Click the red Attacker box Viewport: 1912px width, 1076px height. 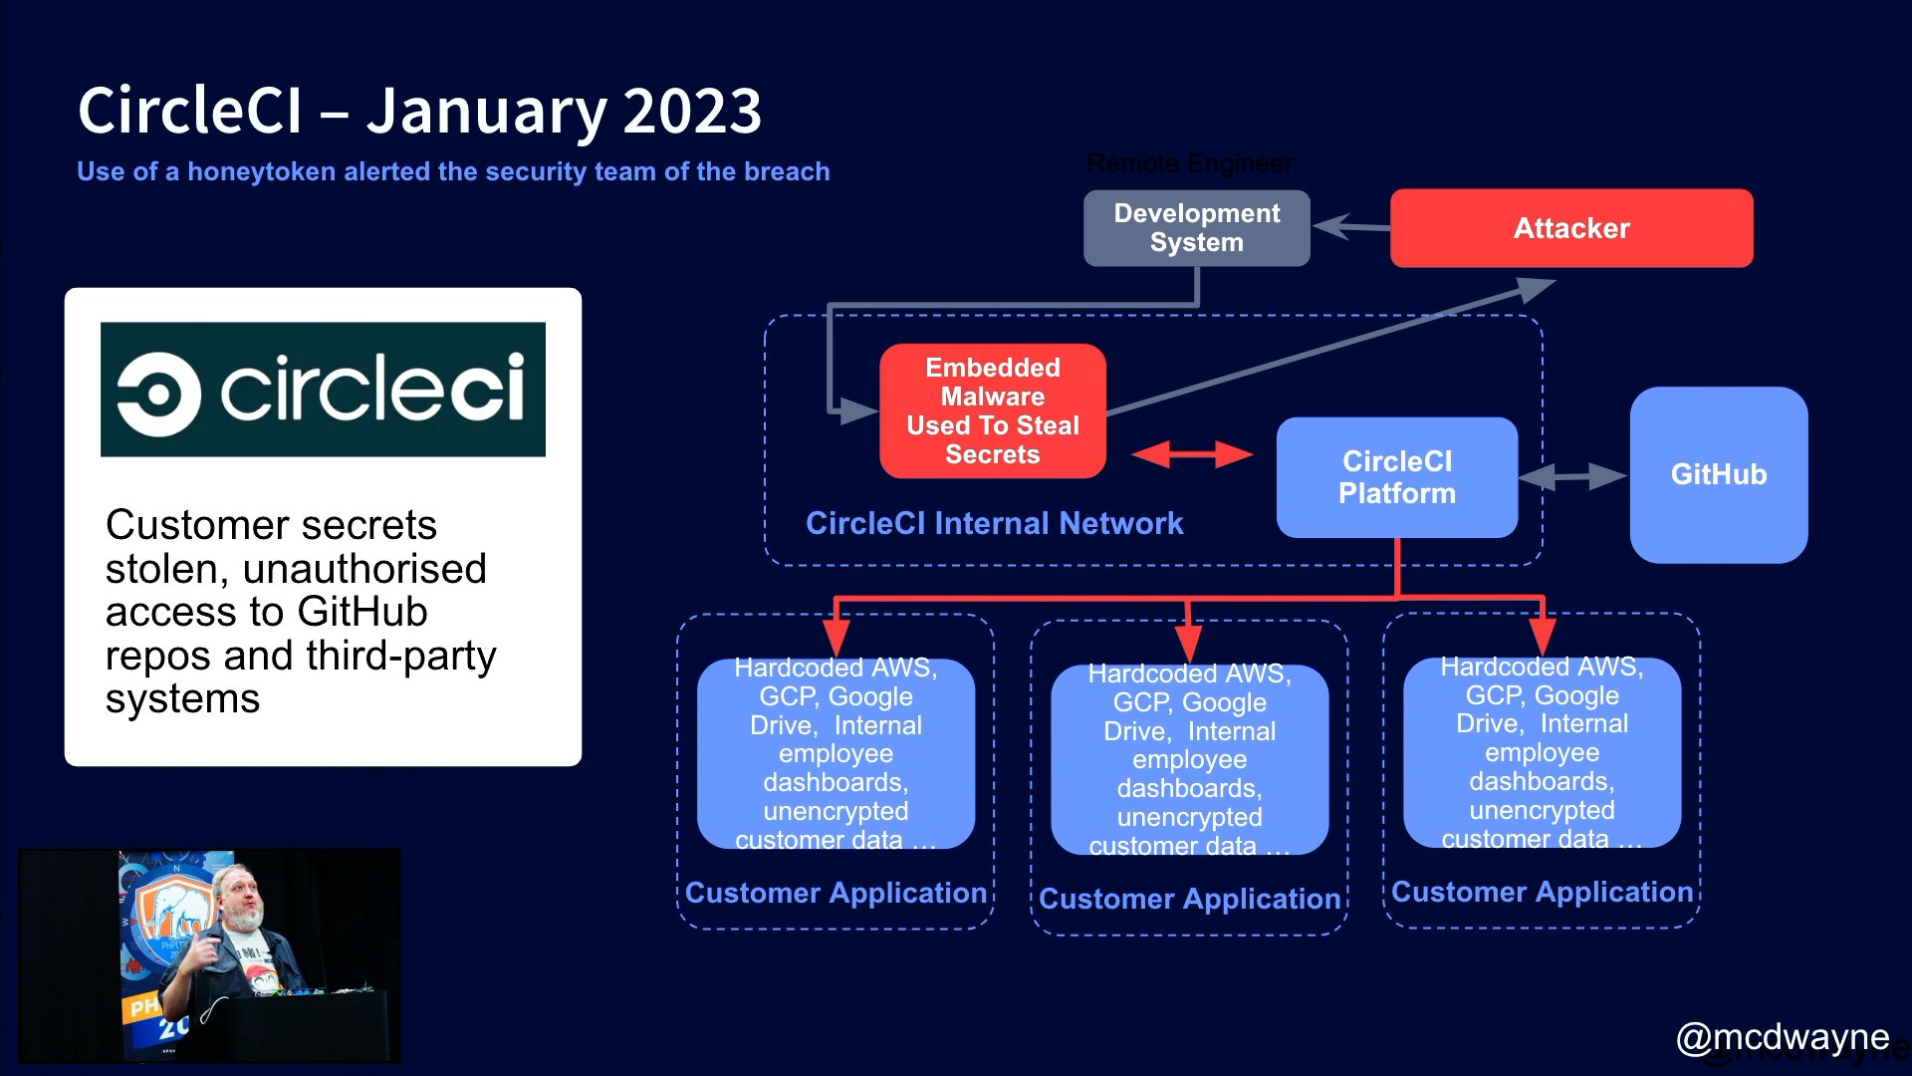pos(1570,228)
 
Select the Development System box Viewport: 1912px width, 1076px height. pos(1196,228)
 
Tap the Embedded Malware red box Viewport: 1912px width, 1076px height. pos(992,410)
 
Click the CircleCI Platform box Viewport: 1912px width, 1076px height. pos(1396,477)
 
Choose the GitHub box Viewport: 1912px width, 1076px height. pos(1718,474)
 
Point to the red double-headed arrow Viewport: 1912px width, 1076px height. pos(1192,455)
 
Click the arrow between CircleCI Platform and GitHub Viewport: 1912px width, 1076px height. pos(1572,476)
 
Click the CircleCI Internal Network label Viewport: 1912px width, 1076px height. pos(994,523)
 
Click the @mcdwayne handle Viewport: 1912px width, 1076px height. pos(1782,1037)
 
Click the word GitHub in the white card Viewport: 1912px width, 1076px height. pos(361,612)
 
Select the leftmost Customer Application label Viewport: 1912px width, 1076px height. pos(836,893)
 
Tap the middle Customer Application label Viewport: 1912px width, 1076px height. pos(1189,899)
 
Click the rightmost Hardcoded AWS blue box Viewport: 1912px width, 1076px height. pos(1542,752)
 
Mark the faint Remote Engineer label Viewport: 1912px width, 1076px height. pos(1189,163)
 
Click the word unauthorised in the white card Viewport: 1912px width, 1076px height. pos(364,569)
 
